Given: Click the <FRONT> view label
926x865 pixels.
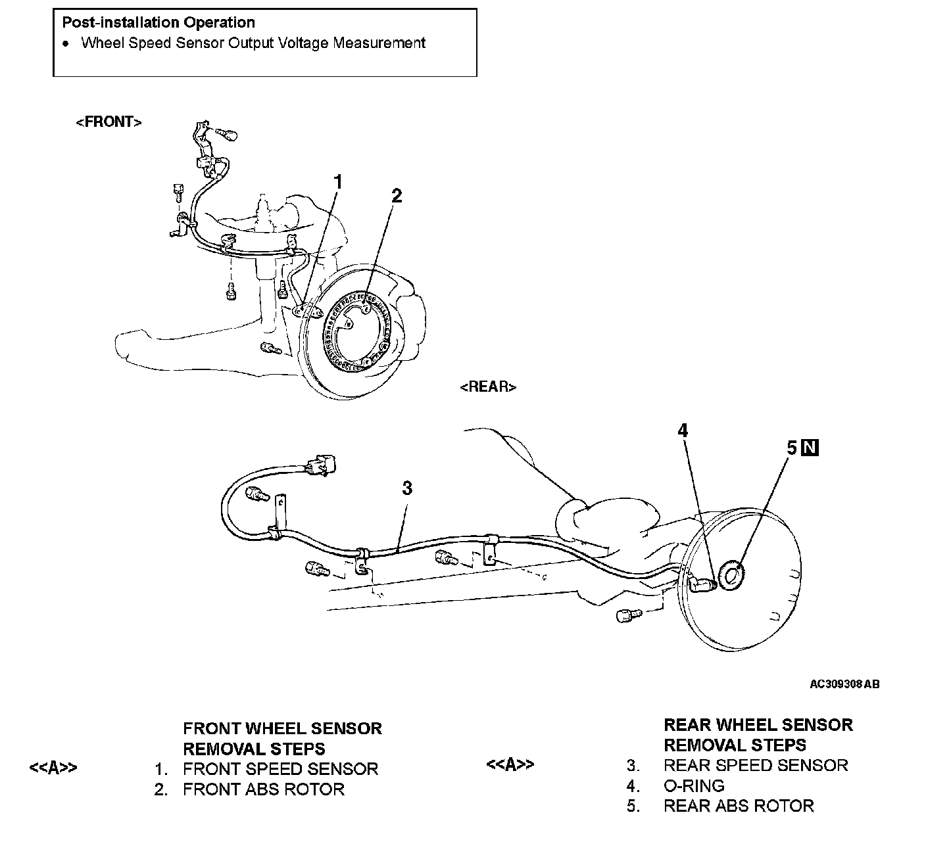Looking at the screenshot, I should pyautogui.click(x=109, y=122).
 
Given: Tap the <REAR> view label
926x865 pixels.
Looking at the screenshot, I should pyautogui.click(x=488, y=386).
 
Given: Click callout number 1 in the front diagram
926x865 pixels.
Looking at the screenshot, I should pyautogui.click(x=338, y=182).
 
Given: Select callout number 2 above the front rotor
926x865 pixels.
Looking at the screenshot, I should pyautogui.click(x=396, y=195).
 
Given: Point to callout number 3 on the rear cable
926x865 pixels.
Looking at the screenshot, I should pyautogui.click(x=407, y=488).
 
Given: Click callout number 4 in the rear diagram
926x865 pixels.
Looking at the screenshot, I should pyautogui.click(x=683, y=431).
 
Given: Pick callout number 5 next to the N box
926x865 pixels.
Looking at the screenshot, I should pyautogui.click(x=792, y=448).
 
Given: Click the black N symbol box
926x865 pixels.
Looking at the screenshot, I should pyautogui.click(x=811, y=448).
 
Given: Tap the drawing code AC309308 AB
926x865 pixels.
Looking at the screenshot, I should pyautogui.click(x=844, y=684).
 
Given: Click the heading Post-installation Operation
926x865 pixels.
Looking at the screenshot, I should pyautogui.click(x=158, y=22).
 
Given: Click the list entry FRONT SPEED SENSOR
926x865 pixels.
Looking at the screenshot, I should pyautogui.click(x=280, y=769).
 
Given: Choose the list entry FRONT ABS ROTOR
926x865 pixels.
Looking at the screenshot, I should pyautogui.click(x=263, y=789).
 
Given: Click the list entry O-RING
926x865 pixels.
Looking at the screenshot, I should pyautogui.click(x=694, y=785).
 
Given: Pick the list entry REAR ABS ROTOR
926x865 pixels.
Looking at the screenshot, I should pyautogui.click(x=739, y=806).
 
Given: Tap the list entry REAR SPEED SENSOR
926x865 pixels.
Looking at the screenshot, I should pyautogui.click(x=756, y=765).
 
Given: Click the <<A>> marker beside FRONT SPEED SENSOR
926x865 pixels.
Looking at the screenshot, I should pyautogui.click(x=53, y=768).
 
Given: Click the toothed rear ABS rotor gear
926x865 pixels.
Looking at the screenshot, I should pyautogui.click(x=732, y=576).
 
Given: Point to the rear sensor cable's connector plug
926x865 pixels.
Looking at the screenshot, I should pyautogui.click(x=321, y=465).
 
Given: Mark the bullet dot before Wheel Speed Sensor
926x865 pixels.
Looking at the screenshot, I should pyautogui.click(x=66, y=44).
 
